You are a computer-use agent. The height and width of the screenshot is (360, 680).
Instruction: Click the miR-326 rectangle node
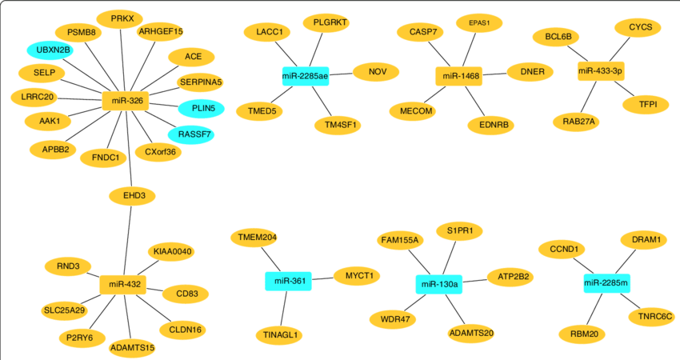coord(126,101)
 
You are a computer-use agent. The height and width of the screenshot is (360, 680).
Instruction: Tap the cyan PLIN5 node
coord(190,108)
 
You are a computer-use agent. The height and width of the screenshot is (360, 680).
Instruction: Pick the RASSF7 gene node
coord(190,134)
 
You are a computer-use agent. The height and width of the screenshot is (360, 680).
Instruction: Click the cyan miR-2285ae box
coord(306,76)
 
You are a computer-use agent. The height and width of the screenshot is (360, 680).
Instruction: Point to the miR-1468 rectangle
coord(460,76)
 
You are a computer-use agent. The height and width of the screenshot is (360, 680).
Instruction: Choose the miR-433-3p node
coord(600,71)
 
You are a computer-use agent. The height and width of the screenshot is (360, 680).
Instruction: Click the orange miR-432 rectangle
coord(123,284)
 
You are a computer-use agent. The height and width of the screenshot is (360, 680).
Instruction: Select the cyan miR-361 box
coord(288,281)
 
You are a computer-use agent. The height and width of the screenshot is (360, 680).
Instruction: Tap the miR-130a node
coord(439,284)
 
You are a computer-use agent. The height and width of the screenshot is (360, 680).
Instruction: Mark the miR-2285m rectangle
coord(606,282)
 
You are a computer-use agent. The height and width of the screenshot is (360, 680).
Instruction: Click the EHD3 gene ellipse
coord(132,195)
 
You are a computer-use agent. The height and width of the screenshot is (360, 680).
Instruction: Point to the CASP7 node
coord(421,32)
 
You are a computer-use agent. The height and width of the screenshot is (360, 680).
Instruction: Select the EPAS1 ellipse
coord(480,23)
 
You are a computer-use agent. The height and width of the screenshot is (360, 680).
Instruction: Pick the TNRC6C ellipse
coord(650,317)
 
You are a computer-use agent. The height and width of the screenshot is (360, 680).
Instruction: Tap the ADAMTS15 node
coord(132,347)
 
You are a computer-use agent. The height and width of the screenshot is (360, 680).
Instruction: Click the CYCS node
coord(639,27)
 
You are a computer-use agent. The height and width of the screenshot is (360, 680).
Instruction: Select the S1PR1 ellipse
coord(459,231)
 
